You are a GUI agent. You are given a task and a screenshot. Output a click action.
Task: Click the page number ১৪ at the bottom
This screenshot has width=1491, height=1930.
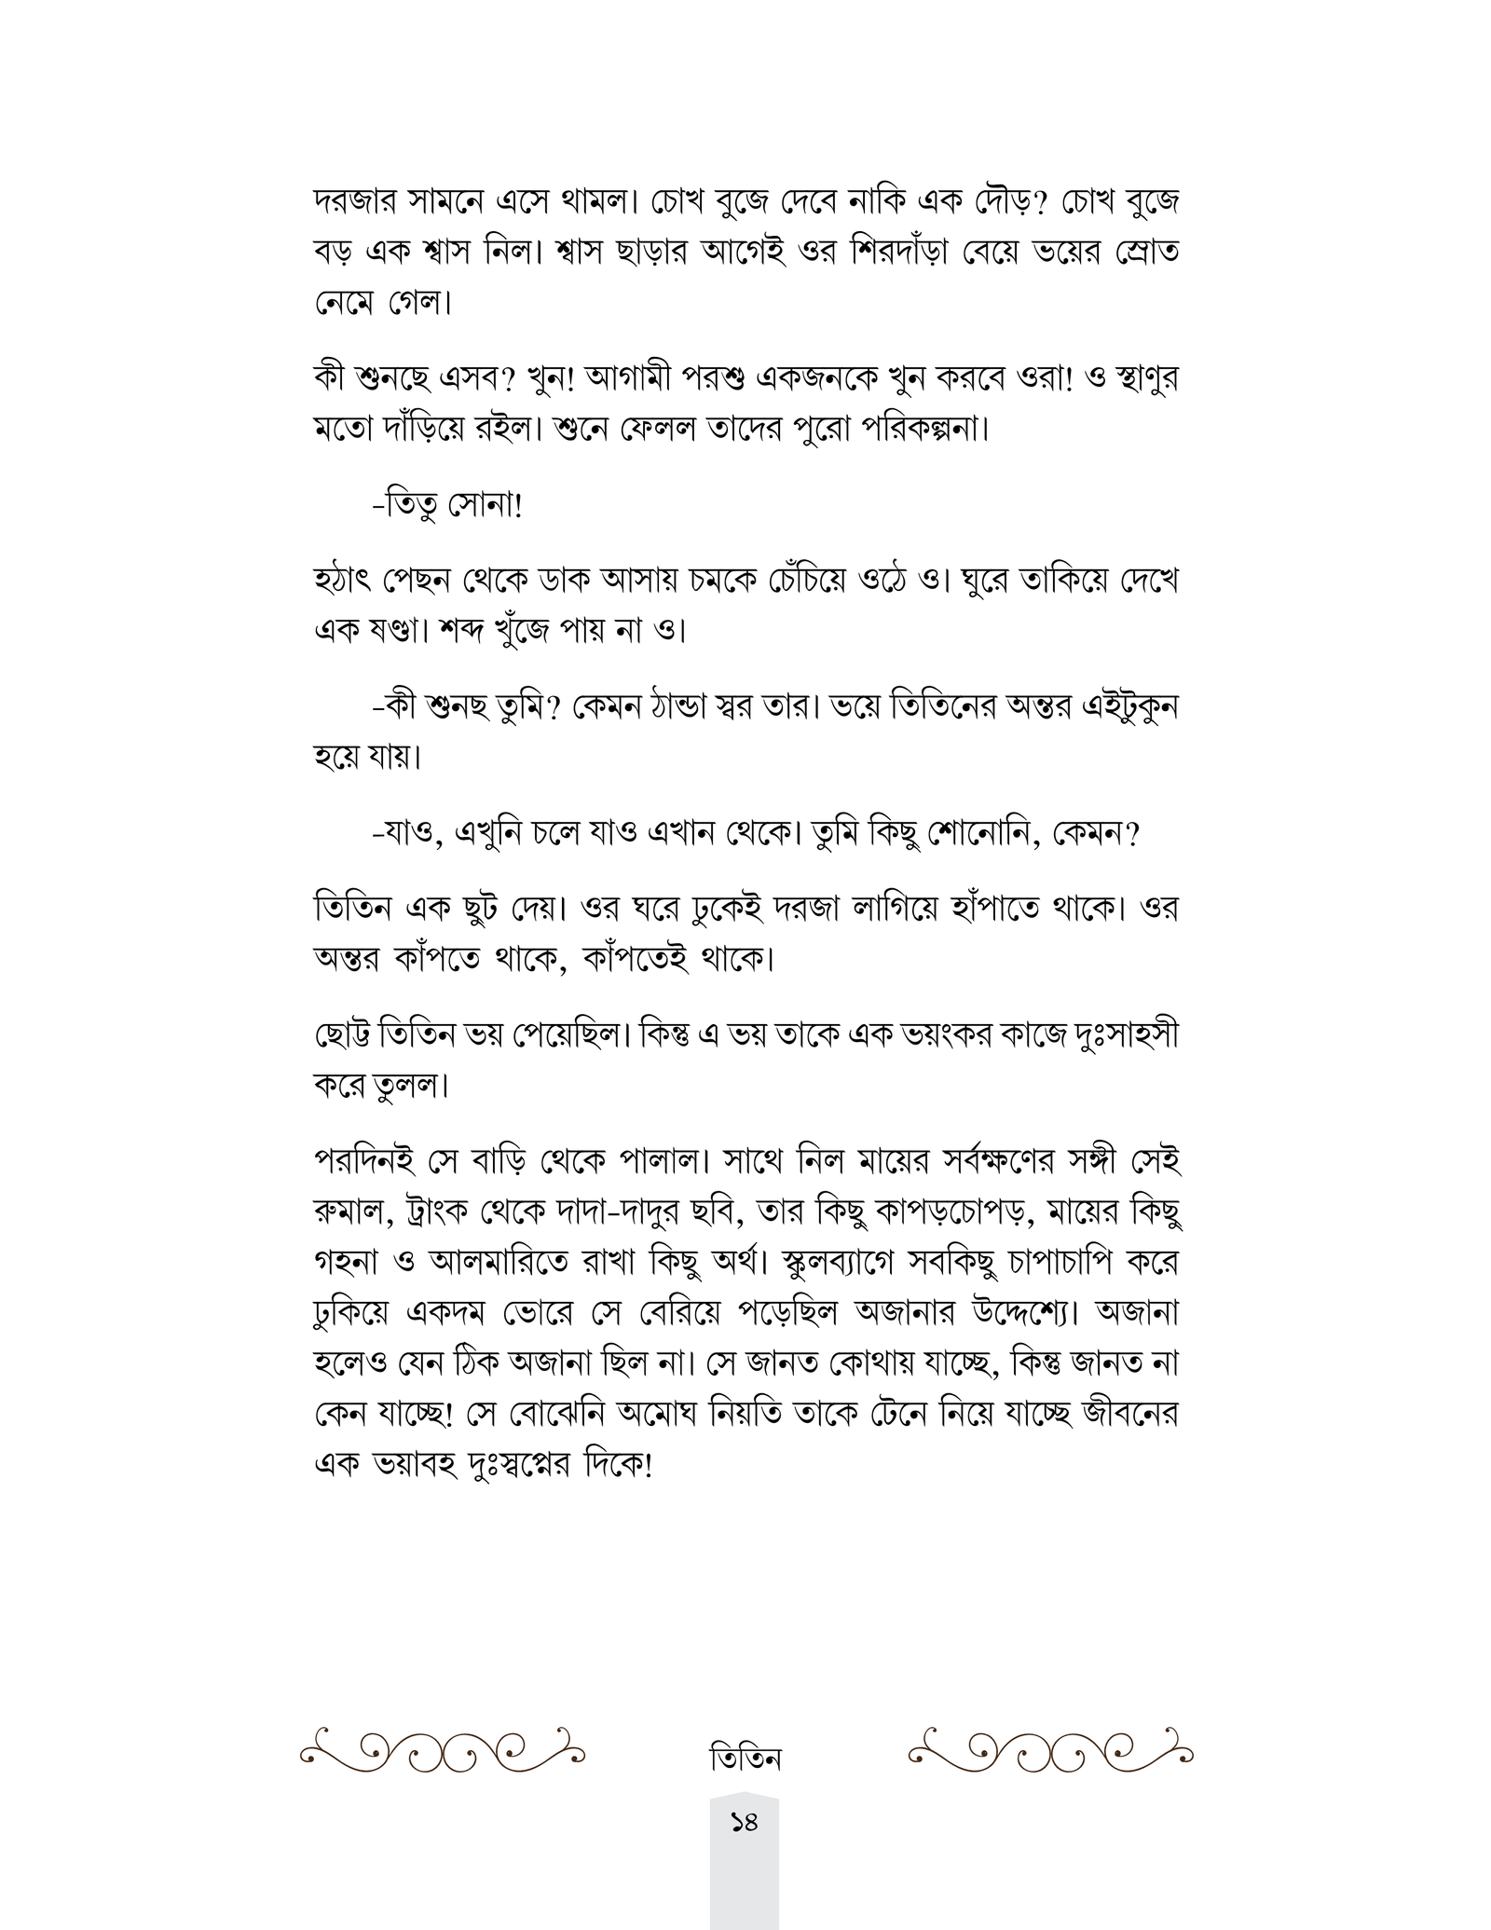click(x=744, y=1849)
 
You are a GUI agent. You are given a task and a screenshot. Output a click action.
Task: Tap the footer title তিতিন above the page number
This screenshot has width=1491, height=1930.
click(x=745, y=1759)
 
